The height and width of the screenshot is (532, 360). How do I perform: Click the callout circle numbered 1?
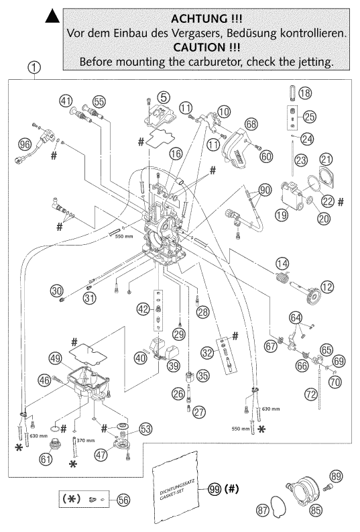pyautogui.click(x=35, y=67)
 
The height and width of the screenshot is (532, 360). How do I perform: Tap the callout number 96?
pyautogui.click(x=25, y=142)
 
